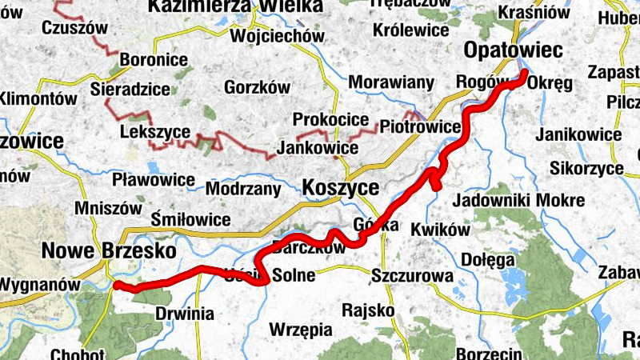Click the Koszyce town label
[341, 187]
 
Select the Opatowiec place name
[514, 50]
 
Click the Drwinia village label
[185, 314]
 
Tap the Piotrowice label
[420, 127]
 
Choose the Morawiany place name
[392, 82]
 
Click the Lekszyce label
[154, 132]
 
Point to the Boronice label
[154, 59]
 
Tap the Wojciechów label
[277, 36]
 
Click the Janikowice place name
[579, 134]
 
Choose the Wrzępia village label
[302, 328]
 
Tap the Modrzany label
[243, 190]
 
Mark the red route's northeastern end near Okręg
[525, 74]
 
